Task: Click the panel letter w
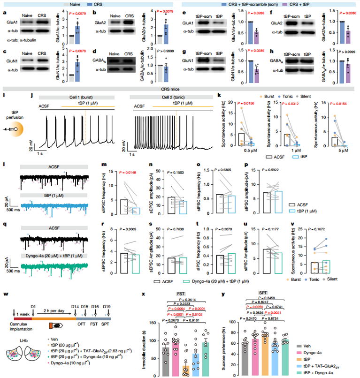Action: coord(5,295)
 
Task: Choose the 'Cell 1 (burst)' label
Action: coord(71,97)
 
